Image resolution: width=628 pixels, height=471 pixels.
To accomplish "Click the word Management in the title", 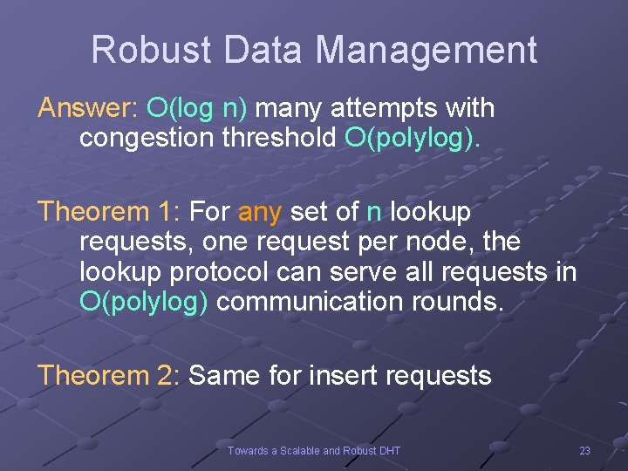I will (x=427, y=50).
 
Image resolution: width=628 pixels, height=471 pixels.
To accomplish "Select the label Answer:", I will (x=87, y=109).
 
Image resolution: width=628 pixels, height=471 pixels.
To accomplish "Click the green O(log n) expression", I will (x=197, y=109).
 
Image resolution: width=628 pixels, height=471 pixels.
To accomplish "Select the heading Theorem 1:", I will (x=109, y=212).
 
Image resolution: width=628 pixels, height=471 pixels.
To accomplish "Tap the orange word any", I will (x=260, y=212).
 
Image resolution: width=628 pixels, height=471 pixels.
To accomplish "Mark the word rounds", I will (x=461, y=302).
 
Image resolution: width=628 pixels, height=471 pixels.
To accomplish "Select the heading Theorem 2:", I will (x=109, y=376).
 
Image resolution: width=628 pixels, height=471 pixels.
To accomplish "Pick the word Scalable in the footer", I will (x=299, y=450).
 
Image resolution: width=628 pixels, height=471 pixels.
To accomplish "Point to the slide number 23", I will (x=584, y=450).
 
